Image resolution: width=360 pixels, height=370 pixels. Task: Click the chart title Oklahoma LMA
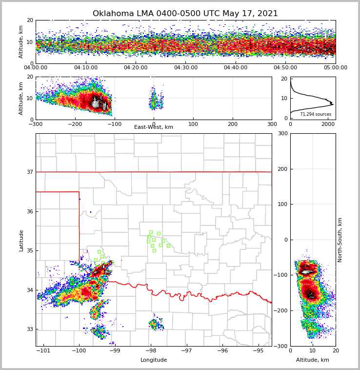click(185, 14)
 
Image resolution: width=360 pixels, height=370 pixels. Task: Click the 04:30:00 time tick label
click(185, 68)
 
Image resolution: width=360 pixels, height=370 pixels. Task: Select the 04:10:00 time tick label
click(85, 68)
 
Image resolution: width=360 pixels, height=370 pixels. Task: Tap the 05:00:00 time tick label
click(335, 68)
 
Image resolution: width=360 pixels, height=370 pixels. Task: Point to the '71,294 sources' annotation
click(316, 114)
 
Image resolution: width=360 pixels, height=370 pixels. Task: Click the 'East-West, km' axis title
click(154, 127)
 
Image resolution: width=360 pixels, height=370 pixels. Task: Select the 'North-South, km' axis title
click(340, 240)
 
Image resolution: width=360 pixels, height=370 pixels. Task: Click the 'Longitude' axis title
click(154, 360)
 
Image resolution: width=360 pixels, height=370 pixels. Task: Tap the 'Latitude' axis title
click(21, 240)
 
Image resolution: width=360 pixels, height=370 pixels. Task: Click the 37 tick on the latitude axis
click(30, 172)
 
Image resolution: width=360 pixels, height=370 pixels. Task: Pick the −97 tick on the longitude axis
click(186, 350)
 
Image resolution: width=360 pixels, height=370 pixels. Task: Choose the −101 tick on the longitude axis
click(43, 350)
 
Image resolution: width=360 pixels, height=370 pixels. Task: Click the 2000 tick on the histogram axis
click(328, 124)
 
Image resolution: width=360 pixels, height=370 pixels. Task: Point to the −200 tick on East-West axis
click(75, 124)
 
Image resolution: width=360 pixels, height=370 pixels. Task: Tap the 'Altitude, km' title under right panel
click(313, 360)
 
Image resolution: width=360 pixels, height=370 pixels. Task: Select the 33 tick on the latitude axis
click(30, 329)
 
